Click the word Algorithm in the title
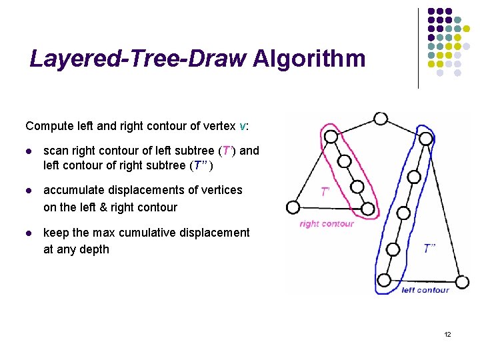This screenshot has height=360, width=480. pos(309,59)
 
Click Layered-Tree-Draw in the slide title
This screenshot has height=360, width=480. pos(138,59)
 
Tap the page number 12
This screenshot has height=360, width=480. pos(447,334)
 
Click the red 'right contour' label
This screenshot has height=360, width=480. pos(327,224)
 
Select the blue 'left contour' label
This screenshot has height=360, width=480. pos(425,290)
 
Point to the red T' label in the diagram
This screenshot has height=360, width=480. pos(325,192)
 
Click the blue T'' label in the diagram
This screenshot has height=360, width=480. pos(430,248)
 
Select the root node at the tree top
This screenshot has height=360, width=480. pos(381,119)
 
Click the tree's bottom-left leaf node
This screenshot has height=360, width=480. pos(292,207)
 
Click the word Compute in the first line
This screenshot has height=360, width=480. pos(47,126)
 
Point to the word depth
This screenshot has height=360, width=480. pos(95,249)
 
